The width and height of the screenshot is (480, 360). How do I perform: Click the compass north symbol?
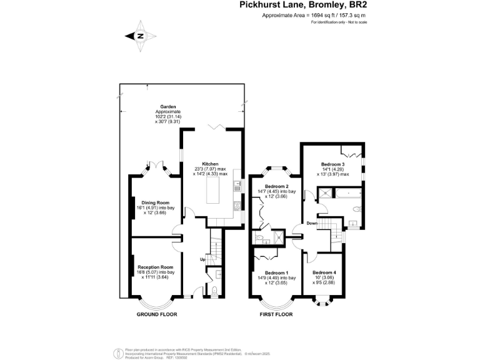141,36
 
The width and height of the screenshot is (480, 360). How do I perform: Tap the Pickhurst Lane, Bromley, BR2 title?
303,6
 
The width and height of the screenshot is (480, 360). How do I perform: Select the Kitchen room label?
210,163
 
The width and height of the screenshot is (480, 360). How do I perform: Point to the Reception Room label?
156,267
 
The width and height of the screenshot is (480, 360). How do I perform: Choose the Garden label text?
167,106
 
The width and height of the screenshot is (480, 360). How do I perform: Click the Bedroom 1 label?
276,273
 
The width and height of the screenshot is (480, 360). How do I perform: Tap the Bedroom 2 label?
276,186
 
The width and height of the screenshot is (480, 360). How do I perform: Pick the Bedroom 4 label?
324,272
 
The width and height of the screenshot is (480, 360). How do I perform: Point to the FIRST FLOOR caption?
276,315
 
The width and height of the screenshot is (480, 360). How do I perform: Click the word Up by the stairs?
202,259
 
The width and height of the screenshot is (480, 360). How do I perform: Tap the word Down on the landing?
312,223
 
